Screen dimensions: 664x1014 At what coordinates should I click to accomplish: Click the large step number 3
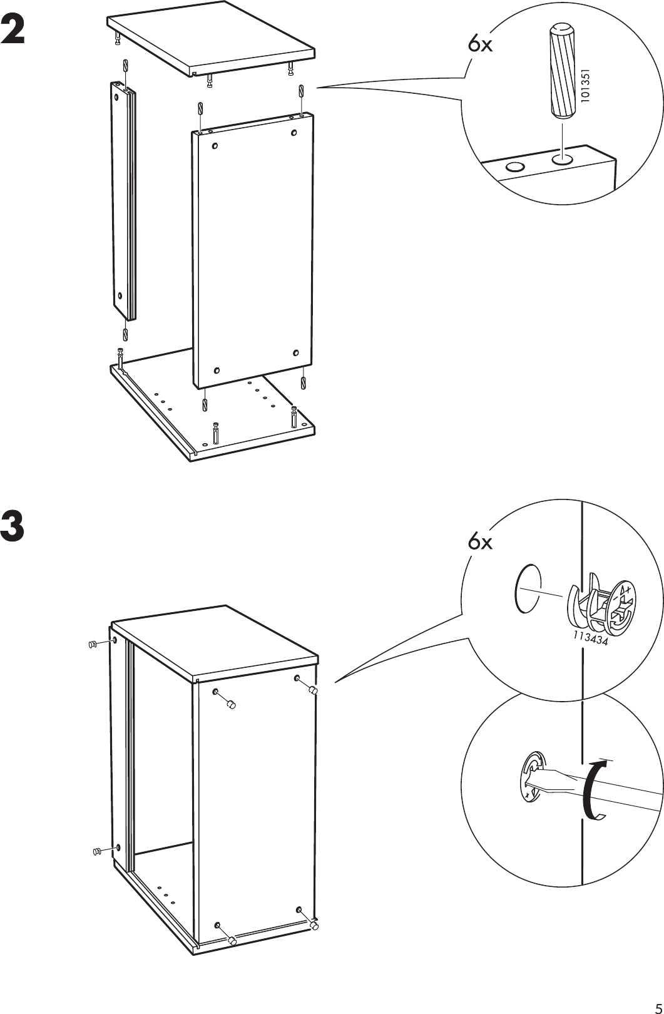(x=14, y=527)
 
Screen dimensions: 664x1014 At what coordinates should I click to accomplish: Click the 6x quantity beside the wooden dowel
(x=480, y=44)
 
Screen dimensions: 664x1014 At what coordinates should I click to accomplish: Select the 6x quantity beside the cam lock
(x=480, y=542)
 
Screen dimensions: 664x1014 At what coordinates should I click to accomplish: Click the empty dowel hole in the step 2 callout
(x=514, y=167)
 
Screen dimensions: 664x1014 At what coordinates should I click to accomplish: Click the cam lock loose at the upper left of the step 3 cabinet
(x=92, y=644)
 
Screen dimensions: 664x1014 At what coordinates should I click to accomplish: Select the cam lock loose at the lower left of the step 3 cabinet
(x=96, y=851)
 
